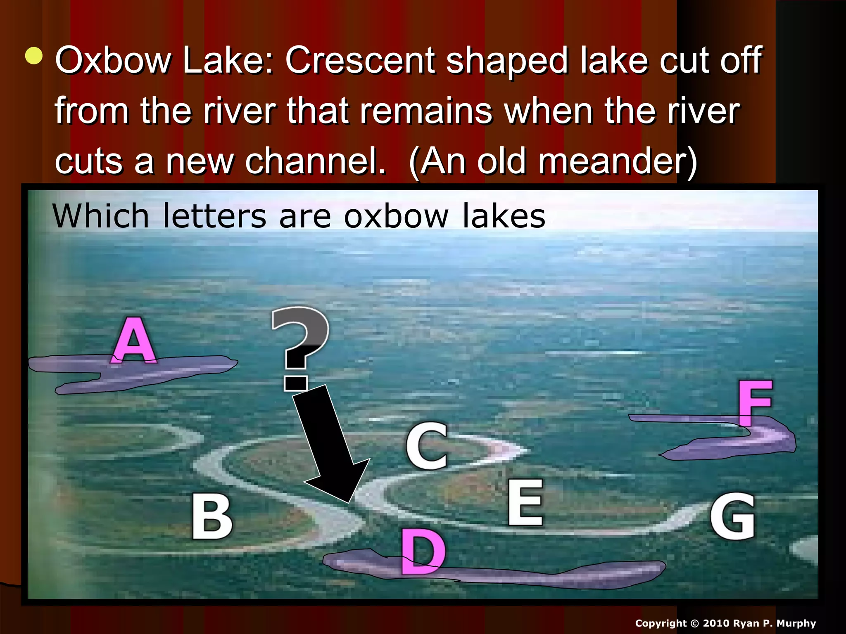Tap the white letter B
click(212, 517)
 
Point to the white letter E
click(525, 502)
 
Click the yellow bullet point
click(33, 56)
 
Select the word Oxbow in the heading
click(113, 60)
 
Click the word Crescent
click(360, 60)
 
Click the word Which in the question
click(100, 216)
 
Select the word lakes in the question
click(504, 216)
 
